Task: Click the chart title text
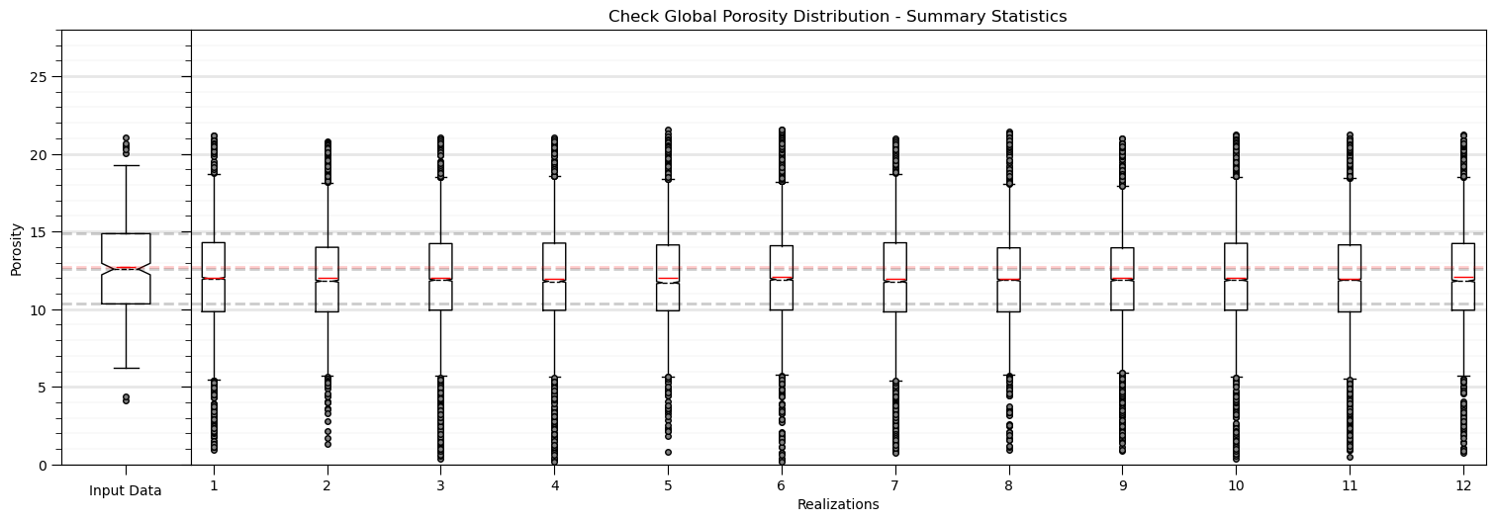(837, 17)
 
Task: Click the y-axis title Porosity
(16, 247)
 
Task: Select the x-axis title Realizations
(837, 505)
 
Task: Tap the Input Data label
(126, 490)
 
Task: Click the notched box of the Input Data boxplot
(126, 247)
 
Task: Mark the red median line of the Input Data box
(126, 268)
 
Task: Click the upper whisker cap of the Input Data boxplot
(126, 165)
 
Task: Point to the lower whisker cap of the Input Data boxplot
(126, 368)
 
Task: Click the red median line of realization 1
(213, 279)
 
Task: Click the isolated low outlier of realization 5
(668, 452)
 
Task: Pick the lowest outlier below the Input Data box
(126, 400)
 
